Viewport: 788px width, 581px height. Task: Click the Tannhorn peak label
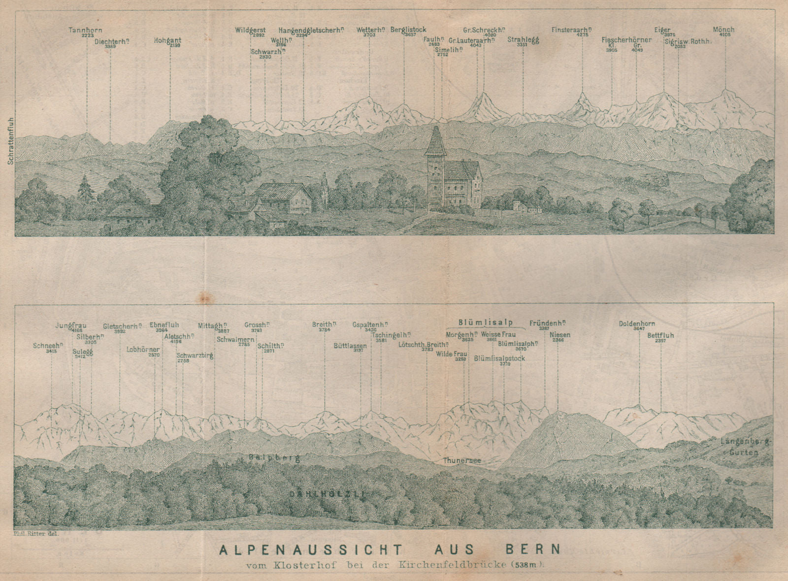(x=85, y=30)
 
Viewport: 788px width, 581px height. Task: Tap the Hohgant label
(x=167, y=41)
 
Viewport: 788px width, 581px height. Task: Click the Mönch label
(x=723, y=30)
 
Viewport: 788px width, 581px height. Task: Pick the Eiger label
(x=662, y=30)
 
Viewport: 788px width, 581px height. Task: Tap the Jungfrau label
(x=70, y=325)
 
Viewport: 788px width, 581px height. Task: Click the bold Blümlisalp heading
(x=485, y=323)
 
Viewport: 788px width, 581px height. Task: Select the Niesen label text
(x=560, y=335)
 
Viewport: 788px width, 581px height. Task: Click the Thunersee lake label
(x=461, y=460)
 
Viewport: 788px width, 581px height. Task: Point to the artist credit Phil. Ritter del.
(x=31, y=533)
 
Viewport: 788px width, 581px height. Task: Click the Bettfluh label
(x=660, y=335)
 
